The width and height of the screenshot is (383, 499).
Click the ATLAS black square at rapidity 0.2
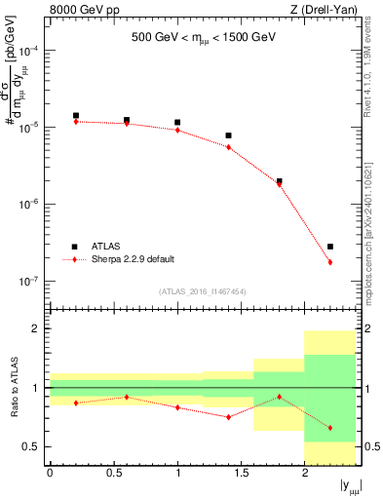click(x=76, y=115)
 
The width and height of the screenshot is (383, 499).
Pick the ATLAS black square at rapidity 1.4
click(x=228, y=135)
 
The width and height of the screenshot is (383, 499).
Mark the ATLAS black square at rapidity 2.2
click(x=330, y=247)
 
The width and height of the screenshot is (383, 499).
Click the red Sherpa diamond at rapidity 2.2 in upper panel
click(x=330, y=262)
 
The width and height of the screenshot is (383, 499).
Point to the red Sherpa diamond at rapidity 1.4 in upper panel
click(x=228, y=147)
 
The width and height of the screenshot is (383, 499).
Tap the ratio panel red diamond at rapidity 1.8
click(x=280, y=397)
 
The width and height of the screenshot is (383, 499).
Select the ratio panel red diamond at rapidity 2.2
click(x=330, y=428)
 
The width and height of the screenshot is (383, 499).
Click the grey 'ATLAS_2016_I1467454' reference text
click(x=203, y=291)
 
